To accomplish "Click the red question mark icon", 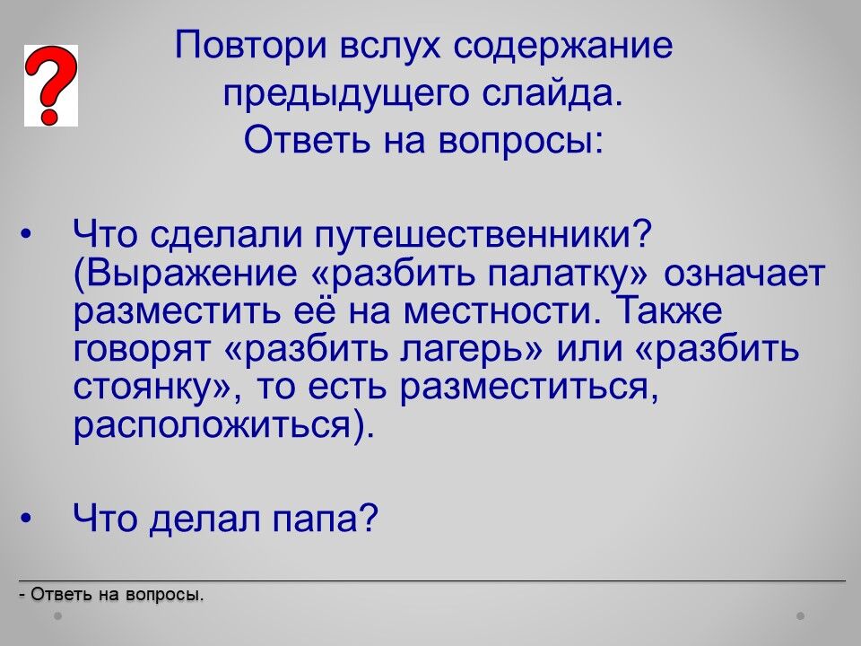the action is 50,86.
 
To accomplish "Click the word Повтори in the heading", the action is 251,45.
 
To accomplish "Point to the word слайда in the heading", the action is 553,92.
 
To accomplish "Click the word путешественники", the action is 483,235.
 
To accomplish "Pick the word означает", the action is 744,273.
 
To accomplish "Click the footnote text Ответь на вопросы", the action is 117,594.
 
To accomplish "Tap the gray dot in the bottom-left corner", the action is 57,616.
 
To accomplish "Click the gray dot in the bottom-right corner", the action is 801,616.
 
